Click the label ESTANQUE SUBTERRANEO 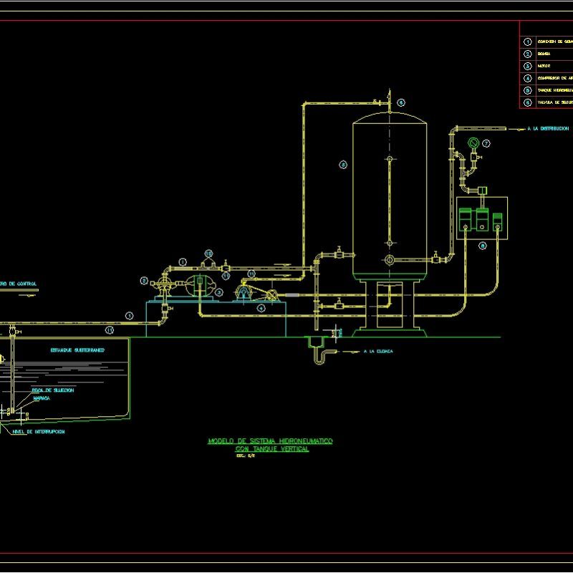[x=78, y=350]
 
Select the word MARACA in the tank [x=41, y=398]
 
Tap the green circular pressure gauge [x=473, y=143]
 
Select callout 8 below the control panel [x=482, y=246]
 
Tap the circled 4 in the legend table [x=528, y=77]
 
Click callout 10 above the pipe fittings [x=208, y=254]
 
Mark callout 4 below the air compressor [x=261, y=307]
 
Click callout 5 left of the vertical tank [x=343, y=165]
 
